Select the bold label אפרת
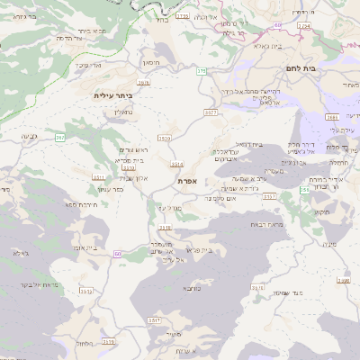[x=187, y=181]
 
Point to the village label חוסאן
[x=151, y=63]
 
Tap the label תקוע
[x=325, y=211]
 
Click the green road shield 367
[x=60, y=137]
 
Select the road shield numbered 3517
[x=155, y=319]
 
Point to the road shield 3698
[x=333, y=117]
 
